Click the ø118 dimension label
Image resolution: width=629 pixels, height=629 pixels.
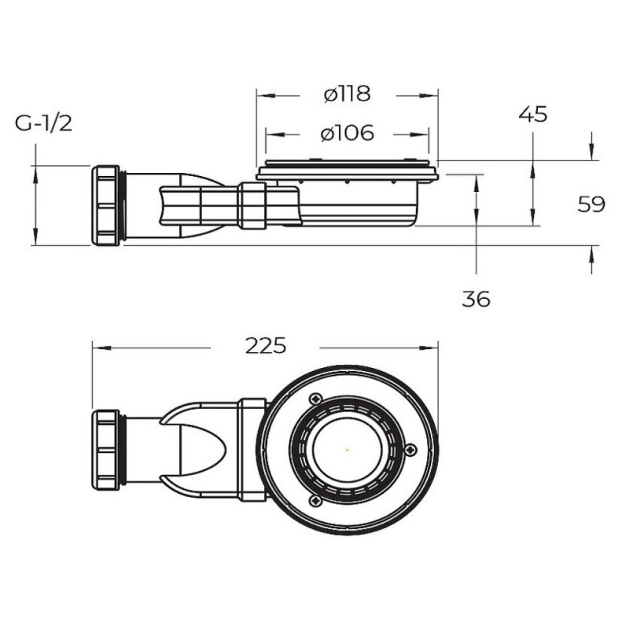click(348, 94)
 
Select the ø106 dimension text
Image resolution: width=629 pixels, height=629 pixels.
click(348, 133)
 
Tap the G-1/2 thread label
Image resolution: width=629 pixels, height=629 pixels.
click(43, 123)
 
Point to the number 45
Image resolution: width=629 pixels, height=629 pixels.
click(533, 114)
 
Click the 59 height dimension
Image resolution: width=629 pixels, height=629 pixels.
click(591, 204)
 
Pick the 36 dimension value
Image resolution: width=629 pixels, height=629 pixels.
click(476, 299)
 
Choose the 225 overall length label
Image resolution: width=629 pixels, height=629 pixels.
click(266, 346)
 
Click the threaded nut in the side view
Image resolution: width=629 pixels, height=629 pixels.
click(106, 205)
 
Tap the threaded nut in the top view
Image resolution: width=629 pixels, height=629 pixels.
click(106, 450)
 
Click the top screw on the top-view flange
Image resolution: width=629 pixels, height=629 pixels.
click(316, 399)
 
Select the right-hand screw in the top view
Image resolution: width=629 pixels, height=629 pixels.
click(411, 450)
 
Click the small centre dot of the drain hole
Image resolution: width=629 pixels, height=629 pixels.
click(347, 450)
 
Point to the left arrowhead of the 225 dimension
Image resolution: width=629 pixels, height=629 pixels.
click(101, 348)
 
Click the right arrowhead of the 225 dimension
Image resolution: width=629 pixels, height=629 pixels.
click(429, 348)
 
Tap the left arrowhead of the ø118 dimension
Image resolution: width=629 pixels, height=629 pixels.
click(266, 95)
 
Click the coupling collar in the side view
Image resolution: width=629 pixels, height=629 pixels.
click(252, 206)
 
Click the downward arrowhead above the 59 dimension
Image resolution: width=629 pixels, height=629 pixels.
click(592, 151)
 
